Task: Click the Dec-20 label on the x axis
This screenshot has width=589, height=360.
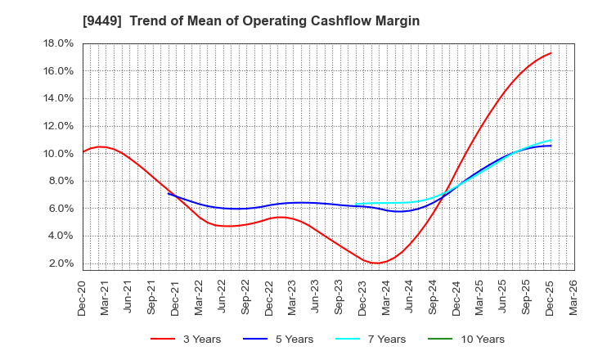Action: pos(83,296)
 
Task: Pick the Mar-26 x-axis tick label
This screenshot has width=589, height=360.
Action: pos(573,296)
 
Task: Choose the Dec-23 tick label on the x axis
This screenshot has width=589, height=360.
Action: pos(363,296)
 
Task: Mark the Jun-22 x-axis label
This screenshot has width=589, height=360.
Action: pos(223,296)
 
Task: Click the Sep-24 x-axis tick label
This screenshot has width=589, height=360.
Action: pos(434,296)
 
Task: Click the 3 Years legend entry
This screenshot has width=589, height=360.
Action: pos(186,339)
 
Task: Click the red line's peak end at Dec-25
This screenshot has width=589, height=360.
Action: pos(551,53)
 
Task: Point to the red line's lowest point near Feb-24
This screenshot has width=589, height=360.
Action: pos(375,263)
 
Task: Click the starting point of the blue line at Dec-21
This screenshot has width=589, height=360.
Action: pos(168,193)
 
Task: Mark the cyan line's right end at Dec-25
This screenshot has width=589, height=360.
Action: pos(551,140)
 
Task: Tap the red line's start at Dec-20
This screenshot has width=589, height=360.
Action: pos(83,151)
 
